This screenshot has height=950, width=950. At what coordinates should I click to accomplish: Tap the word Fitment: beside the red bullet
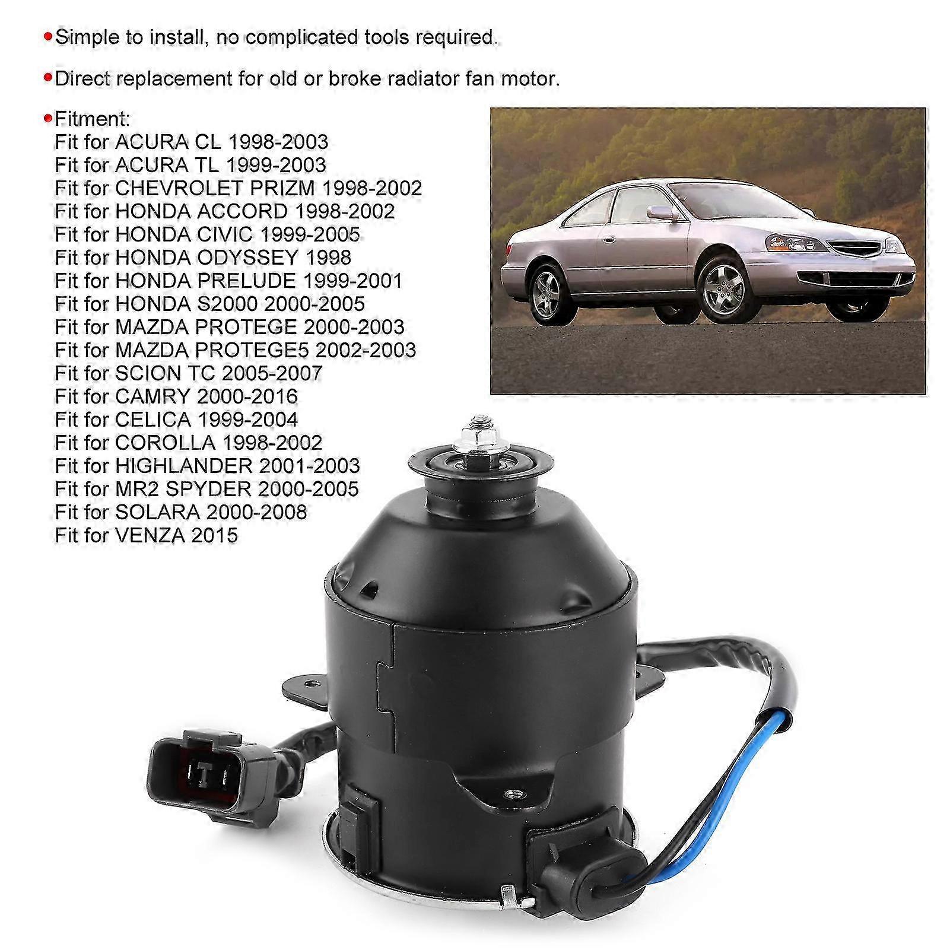tap(92, 119)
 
